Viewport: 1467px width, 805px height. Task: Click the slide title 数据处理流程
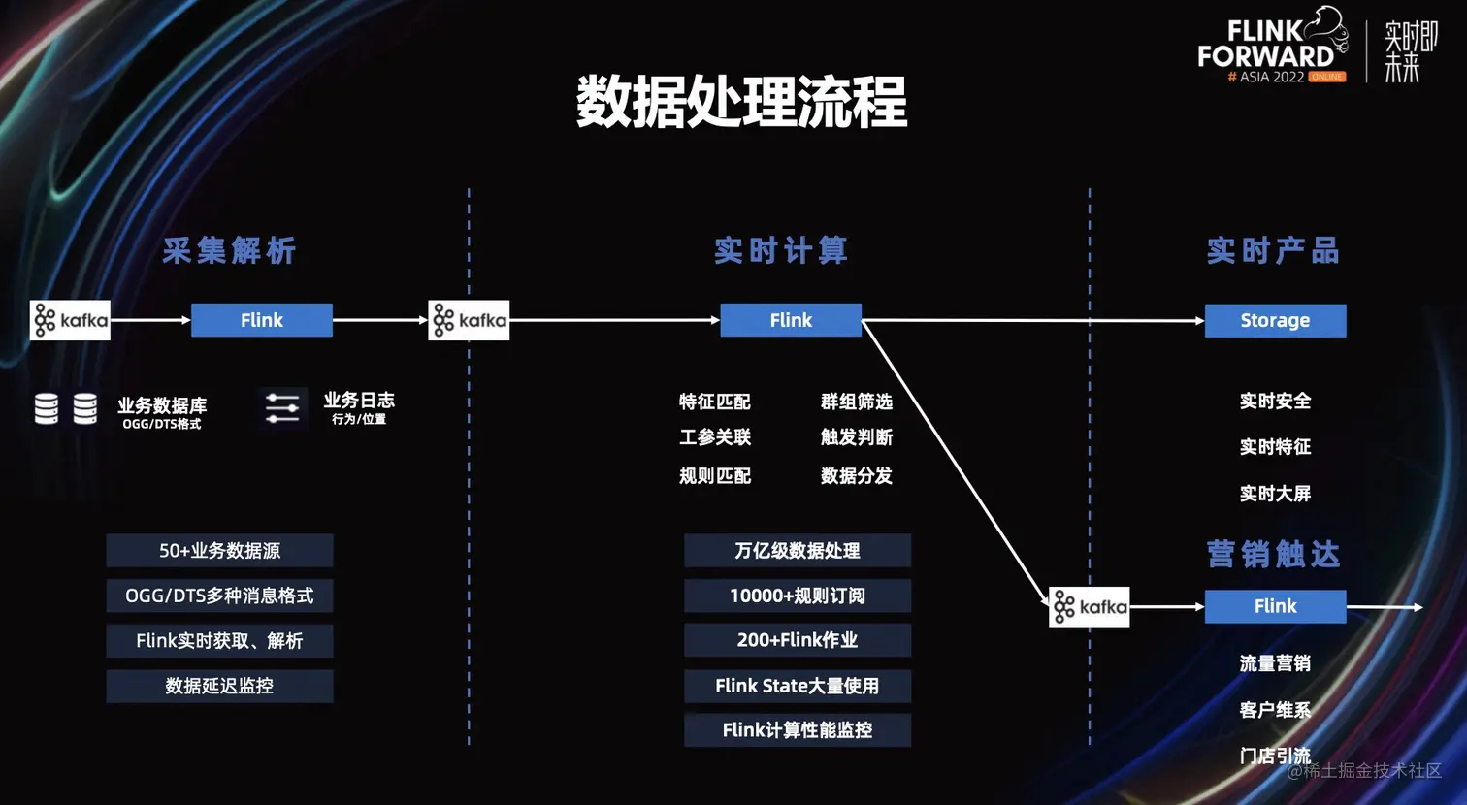[741, 102]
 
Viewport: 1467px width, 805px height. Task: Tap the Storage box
[1275, 320]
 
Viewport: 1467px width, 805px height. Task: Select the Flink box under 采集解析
[261, 320]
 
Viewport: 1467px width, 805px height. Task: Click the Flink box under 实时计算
[791, 320]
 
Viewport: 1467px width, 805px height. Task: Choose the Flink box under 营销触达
[1275, 606]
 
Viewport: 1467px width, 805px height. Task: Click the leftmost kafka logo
[70, 320]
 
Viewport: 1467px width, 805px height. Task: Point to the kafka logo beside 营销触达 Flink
[1089, 607]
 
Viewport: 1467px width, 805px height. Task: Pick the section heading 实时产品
[1273, 251]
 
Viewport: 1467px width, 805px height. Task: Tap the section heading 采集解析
[229, 251]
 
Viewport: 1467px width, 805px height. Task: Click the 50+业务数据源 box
[219, 551]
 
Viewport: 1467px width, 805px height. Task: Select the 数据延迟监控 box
[219, 686]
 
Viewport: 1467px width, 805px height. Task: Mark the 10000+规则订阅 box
[798, 596]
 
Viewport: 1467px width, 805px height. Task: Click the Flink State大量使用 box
[798, 686]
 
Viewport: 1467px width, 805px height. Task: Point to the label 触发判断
[856, 437]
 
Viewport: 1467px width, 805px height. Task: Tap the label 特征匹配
[715, 402]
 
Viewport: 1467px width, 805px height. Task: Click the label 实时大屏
[1275, 494]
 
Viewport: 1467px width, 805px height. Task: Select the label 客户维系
[1275, 710]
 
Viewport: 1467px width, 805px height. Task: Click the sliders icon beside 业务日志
[282, 407]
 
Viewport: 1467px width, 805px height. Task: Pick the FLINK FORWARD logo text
[1266, 45]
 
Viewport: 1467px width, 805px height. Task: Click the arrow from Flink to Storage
[1033, 320]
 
